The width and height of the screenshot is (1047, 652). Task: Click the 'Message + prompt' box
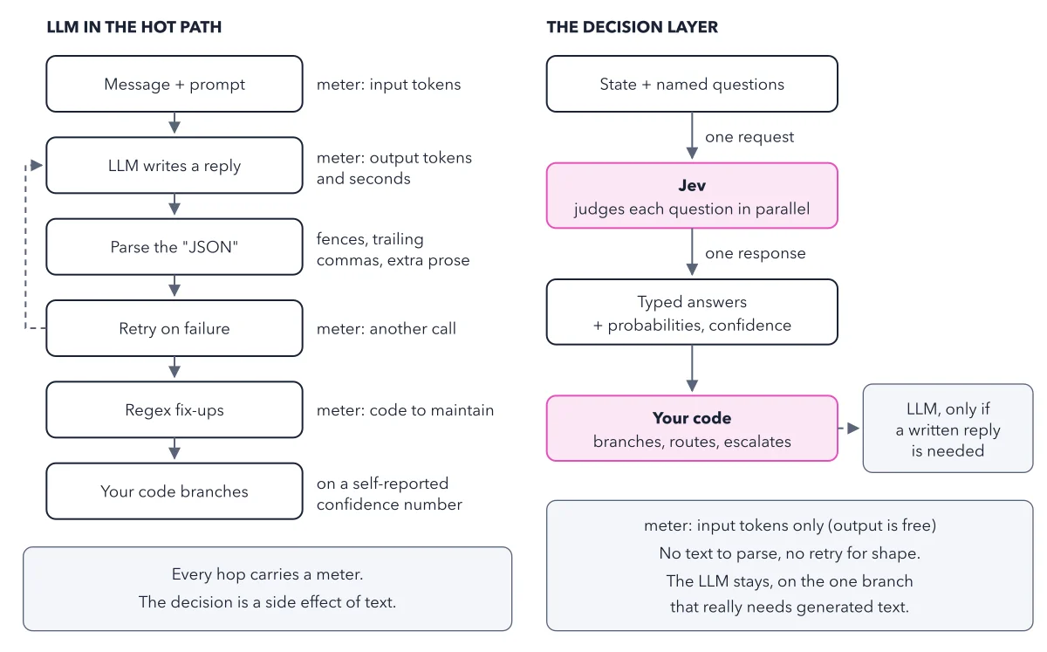pyautogui.click(x=174, y=84)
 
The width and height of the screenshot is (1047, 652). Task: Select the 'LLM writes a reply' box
pyautogui.click(x=174, y=166)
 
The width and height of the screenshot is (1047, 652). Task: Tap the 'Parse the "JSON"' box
pyautogui.click(x=174, y=247)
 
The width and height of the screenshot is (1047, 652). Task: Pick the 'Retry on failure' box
pyautogui.click(x=174, y=328)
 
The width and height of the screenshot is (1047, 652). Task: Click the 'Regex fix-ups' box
pyautogui.click(x=174, y=409)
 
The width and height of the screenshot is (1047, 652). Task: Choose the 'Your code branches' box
pyautogui.click(x=174, y=491)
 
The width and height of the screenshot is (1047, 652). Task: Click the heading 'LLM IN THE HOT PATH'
pyautogui.click(x=134, y=27)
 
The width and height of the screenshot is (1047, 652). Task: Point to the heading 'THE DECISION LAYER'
pyautogui.click(x=632, y=27)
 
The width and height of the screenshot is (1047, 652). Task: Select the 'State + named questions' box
pyautogui.click(x=692, y=84)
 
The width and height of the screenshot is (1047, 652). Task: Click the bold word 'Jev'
pyautogui.click(x=692, y=186)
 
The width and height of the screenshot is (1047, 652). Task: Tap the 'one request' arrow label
pyautogui.click(x=749, y=137)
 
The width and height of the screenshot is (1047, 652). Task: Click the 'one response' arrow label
pyautogui.click(x=756, y=253)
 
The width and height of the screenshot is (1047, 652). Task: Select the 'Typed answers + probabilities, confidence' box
pyautogui.click(x=692, y=312)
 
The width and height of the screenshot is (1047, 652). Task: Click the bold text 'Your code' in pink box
pyautogui.click(x=692, y=418)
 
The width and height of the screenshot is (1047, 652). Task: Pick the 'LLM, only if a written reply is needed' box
pyautogui.click(x=948, y=429)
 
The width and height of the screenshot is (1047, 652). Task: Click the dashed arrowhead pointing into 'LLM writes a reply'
pyautogui.click(x=37, y=165)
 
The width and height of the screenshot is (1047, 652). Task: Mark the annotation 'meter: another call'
pyautogui.click(x=386, y=329)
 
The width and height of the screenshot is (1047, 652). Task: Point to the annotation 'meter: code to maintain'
pyautogui.click(x=405, y=410)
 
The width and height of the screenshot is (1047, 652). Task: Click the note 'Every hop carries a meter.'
pyautogui.click(x=267, y=574)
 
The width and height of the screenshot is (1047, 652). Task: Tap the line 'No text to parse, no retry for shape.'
pyautogui.click(x=790, y=553)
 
